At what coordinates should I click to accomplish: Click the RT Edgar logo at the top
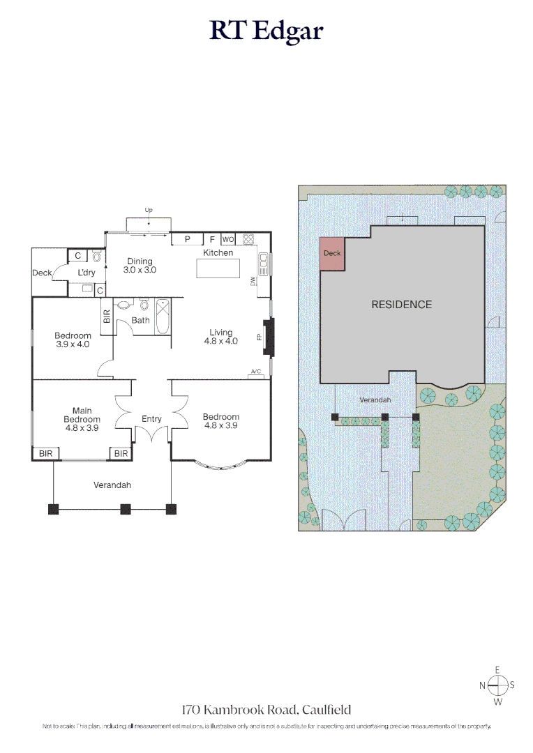pos(266,31)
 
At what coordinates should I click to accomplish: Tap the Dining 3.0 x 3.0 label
pos(140,266)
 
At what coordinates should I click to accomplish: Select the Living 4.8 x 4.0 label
pos(221,337)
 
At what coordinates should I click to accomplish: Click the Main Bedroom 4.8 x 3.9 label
pos(82,419)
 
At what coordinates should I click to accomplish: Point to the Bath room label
pos(141,321)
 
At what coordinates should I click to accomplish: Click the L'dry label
pos(86,273)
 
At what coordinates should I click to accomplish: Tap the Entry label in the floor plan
pos(151,419)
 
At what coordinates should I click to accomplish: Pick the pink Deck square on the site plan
pos(332,253)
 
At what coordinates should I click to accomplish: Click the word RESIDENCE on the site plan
pos(401,305)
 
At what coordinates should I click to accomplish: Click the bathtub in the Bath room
pos(163,317)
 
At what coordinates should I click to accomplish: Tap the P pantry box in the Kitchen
pos(187,239)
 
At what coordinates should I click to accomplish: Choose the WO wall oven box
pos(227,239)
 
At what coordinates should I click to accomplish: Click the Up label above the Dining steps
pos(149,210)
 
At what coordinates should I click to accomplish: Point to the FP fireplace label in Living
pos(260,337)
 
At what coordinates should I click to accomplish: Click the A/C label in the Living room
pos(255,372)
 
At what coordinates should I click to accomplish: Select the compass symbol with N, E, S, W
pos(497,685)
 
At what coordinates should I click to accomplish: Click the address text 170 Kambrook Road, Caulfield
pos(266,710)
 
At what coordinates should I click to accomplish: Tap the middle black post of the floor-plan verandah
pos(126,509)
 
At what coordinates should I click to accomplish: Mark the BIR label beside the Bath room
pos(107,317)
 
